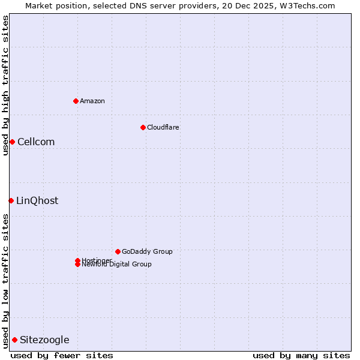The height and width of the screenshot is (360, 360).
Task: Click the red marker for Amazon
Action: [76, 101]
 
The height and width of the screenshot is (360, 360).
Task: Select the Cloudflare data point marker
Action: [143, 127]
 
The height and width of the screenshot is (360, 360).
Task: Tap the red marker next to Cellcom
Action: [12, 142]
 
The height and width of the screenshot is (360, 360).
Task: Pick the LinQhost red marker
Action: [11, 200]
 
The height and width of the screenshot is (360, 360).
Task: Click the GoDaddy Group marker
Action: [118, 251]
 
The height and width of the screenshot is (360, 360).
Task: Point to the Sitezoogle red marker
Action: [14, 340]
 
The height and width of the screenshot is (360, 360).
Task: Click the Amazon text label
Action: [92, 101]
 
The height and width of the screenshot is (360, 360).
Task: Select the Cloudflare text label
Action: [163, 127]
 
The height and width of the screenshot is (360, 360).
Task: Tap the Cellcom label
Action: [36, 142]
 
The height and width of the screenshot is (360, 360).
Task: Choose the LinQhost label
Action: [37, 200]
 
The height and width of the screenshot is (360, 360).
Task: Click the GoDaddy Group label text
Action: [147, 251]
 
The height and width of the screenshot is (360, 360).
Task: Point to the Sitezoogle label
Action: [44, 340]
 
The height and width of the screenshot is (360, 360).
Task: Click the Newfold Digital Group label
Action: [116, 265]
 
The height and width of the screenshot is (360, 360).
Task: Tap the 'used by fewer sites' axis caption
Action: [62, 355]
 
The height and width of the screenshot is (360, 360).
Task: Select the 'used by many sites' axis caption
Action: [301, 355]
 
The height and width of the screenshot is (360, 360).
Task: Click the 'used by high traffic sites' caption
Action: [5, 85]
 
